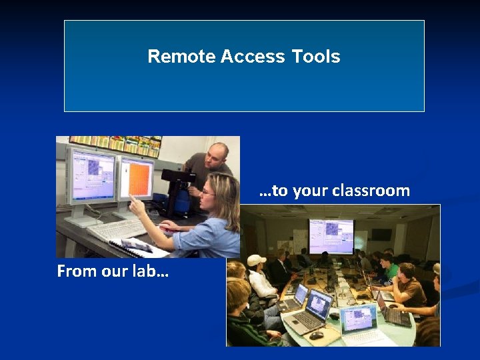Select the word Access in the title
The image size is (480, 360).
[253, 57]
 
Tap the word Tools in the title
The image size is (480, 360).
[315, 57]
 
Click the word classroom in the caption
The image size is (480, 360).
[375, 191]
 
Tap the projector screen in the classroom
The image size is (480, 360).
[331, 235]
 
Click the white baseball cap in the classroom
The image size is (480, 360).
[256, 259]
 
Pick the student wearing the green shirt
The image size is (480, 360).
[389, 270]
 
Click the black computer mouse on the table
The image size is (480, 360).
[315, 335]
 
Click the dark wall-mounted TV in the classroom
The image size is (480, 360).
[381, 234]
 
